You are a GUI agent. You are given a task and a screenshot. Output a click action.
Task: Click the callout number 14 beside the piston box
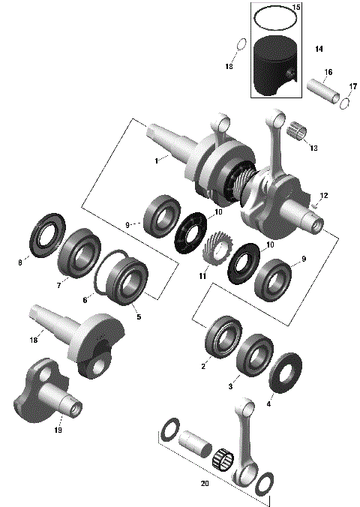click(x=319, y=49)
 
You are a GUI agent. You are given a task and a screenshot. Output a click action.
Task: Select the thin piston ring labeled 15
click(x=273, y=14)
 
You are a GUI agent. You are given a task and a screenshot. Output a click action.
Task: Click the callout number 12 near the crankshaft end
click(x=324, y=196)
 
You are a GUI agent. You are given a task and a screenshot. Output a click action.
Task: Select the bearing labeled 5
click(x=125, y=282)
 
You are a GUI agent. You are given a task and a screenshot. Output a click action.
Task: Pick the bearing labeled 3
click(x=254, y=360)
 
